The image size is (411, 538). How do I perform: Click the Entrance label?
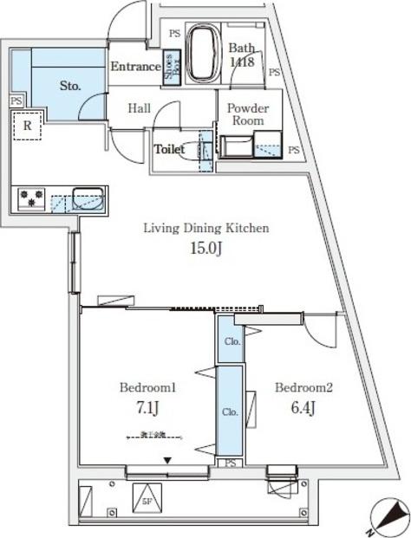pos(135,67)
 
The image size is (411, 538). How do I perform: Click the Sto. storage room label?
pos(70,87)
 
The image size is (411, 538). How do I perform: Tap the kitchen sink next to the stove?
pos(87,198)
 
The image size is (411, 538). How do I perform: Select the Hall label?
pos(140,108)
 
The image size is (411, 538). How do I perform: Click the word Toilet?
pos(170,149)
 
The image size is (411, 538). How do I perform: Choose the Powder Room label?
pos(248,115)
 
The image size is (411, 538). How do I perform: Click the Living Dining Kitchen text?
pos(206,229)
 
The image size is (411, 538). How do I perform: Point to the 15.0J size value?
pos(206,250)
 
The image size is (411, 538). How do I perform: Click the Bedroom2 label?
pos(303,387)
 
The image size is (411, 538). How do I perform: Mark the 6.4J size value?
pos(303,407)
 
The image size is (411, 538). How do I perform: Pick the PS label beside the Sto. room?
pos(16,100)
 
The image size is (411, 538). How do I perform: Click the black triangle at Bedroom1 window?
pos(168,461)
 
